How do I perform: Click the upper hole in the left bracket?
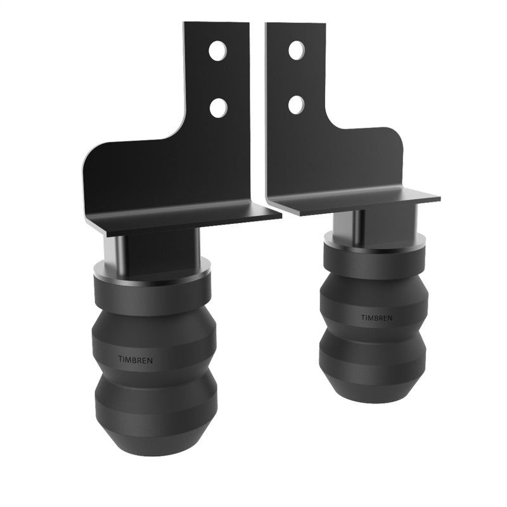pyautogui.click(x=217, y=51)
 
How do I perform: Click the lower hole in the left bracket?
pyautogui.click(x=218, y=107)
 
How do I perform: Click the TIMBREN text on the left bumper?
pyautogui.click(x=135, y=359)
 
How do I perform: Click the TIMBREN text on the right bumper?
pyautogui.click(x=376, y=317)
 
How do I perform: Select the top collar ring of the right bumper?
pyautogui.click(x=372, y=246)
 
